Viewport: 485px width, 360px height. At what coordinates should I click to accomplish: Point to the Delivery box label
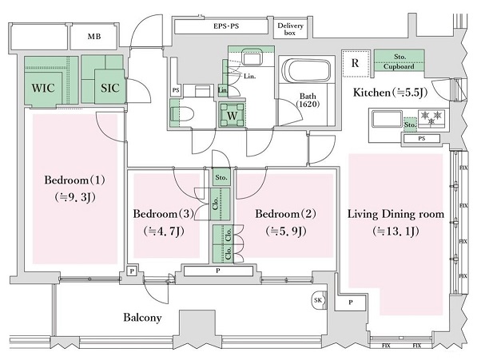(291, 30)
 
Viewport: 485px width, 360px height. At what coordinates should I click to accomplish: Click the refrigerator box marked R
(353, 62)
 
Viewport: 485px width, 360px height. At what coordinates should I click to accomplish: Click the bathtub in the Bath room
(304, 73)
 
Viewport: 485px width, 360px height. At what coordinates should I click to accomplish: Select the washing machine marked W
(232, 114)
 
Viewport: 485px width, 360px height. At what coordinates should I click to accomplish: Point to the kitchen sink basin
(387, 121)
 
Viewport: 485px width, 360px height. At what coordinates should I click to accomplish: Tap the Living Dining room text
(395, 214)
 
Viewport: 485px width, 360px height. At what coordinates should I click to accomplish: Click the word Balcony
(142, 318)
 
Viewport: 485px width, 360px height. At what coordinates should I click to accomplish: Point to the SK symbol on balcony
(318, 300)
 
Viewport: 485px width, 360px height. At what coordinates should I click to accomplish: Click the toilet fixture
(182, 113)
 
